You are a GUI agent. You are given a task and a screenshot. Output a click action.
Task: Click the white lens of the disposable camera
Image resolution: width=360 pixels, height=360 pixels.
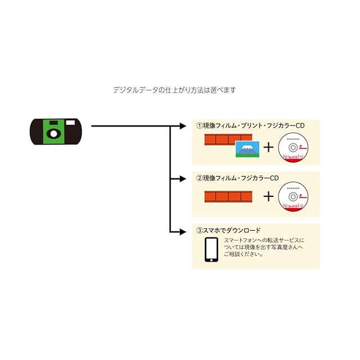54,134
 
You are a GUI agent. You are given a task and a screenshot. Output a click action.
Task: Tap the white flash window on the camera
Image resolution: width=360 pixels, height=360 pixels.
70,123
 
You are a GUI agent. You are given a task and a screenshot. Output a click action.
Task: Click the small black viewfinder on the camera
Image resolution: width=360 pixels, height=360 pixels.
54,123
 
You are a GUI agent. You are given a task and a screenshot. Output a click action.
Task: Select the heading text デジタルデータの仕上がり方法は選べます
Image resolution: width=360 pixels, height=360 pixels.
174,90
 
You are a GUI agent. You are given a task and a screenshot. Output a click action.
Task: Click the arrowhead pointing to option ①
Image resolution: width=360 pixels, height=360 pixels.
183,126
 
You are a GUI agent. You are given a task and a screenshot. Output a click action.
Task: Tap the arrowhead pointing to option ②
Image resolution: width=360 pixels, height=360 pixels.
183,179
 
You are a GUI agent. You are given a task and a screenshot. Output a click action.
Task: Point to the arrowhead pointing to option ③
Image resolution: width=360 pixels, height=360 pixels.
183,232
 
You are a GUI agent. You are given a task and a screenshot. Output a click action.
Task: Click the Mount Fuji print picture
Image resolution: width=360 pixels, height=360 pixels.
247,149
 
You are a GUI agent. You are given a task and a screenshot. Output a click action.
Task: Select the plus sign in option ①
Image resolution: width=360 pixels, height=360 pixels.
268,147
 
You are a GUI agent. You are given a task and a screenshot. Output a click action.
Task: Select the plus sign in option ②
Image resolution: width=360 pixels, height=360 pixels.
268,196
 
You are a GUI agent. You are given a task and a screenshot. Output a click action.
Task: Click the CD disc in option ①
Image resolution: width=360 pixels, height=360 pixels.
293,147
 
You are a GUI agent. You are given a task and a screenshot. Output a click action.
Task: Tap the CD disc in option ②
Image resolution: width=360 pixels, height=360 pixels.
293,196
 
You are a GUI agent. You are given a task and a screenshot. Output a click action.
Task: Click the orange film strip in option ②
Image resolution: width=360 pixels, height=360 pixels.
228,196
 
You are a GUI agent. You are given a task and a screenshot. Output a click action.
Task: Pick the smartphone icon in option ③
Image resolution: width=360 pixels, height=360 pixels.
211,250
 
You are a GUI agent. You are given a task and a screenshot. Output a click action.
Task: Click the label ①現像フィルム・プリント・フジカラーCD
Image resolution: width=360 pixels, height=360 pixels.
250,125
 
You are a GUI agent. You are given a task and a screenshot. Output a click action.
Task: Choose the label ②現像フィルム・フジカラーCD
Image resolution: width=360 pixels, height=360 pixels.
237,178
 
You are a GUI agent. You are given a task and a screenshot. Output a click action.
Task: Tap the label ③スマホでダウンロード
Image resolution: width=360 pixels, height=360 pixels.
228,230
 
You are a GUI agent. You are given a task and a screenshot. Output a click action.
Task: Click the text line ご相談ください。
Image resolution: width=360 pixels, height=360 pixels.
244,254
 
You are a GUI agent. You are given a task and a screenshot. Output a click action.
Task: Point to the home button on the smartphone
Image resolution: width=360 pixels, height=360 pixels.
211,260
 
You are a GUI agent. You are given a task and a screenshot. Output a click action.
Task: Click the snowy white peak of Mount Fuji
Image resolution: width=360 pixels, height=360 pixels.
247,147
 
